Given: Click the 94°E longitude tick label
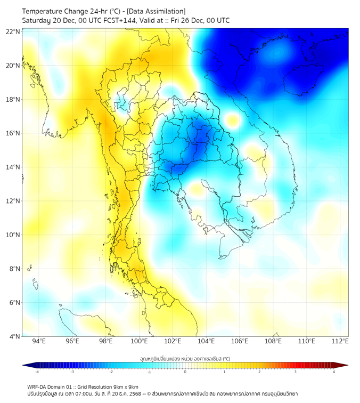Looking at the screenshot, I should (39, 342).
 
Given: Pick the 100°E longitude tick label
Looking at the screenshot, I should (140, 342).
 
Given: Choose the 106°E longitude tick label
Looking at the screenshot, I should (240, 342).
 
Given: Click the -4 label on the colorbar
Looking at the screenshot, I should (37, 372).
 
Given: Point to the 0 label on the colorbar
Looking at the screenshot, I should (185, 372).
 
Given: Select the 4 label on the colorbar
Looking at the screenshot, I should (334, 372).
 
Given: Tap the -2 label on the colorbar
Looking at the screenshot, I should (111, 372).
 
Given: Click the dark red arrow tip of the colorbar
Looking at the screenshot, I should (345, 365).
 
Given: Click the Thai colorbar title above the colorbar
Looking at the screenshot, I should (185, 359).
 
